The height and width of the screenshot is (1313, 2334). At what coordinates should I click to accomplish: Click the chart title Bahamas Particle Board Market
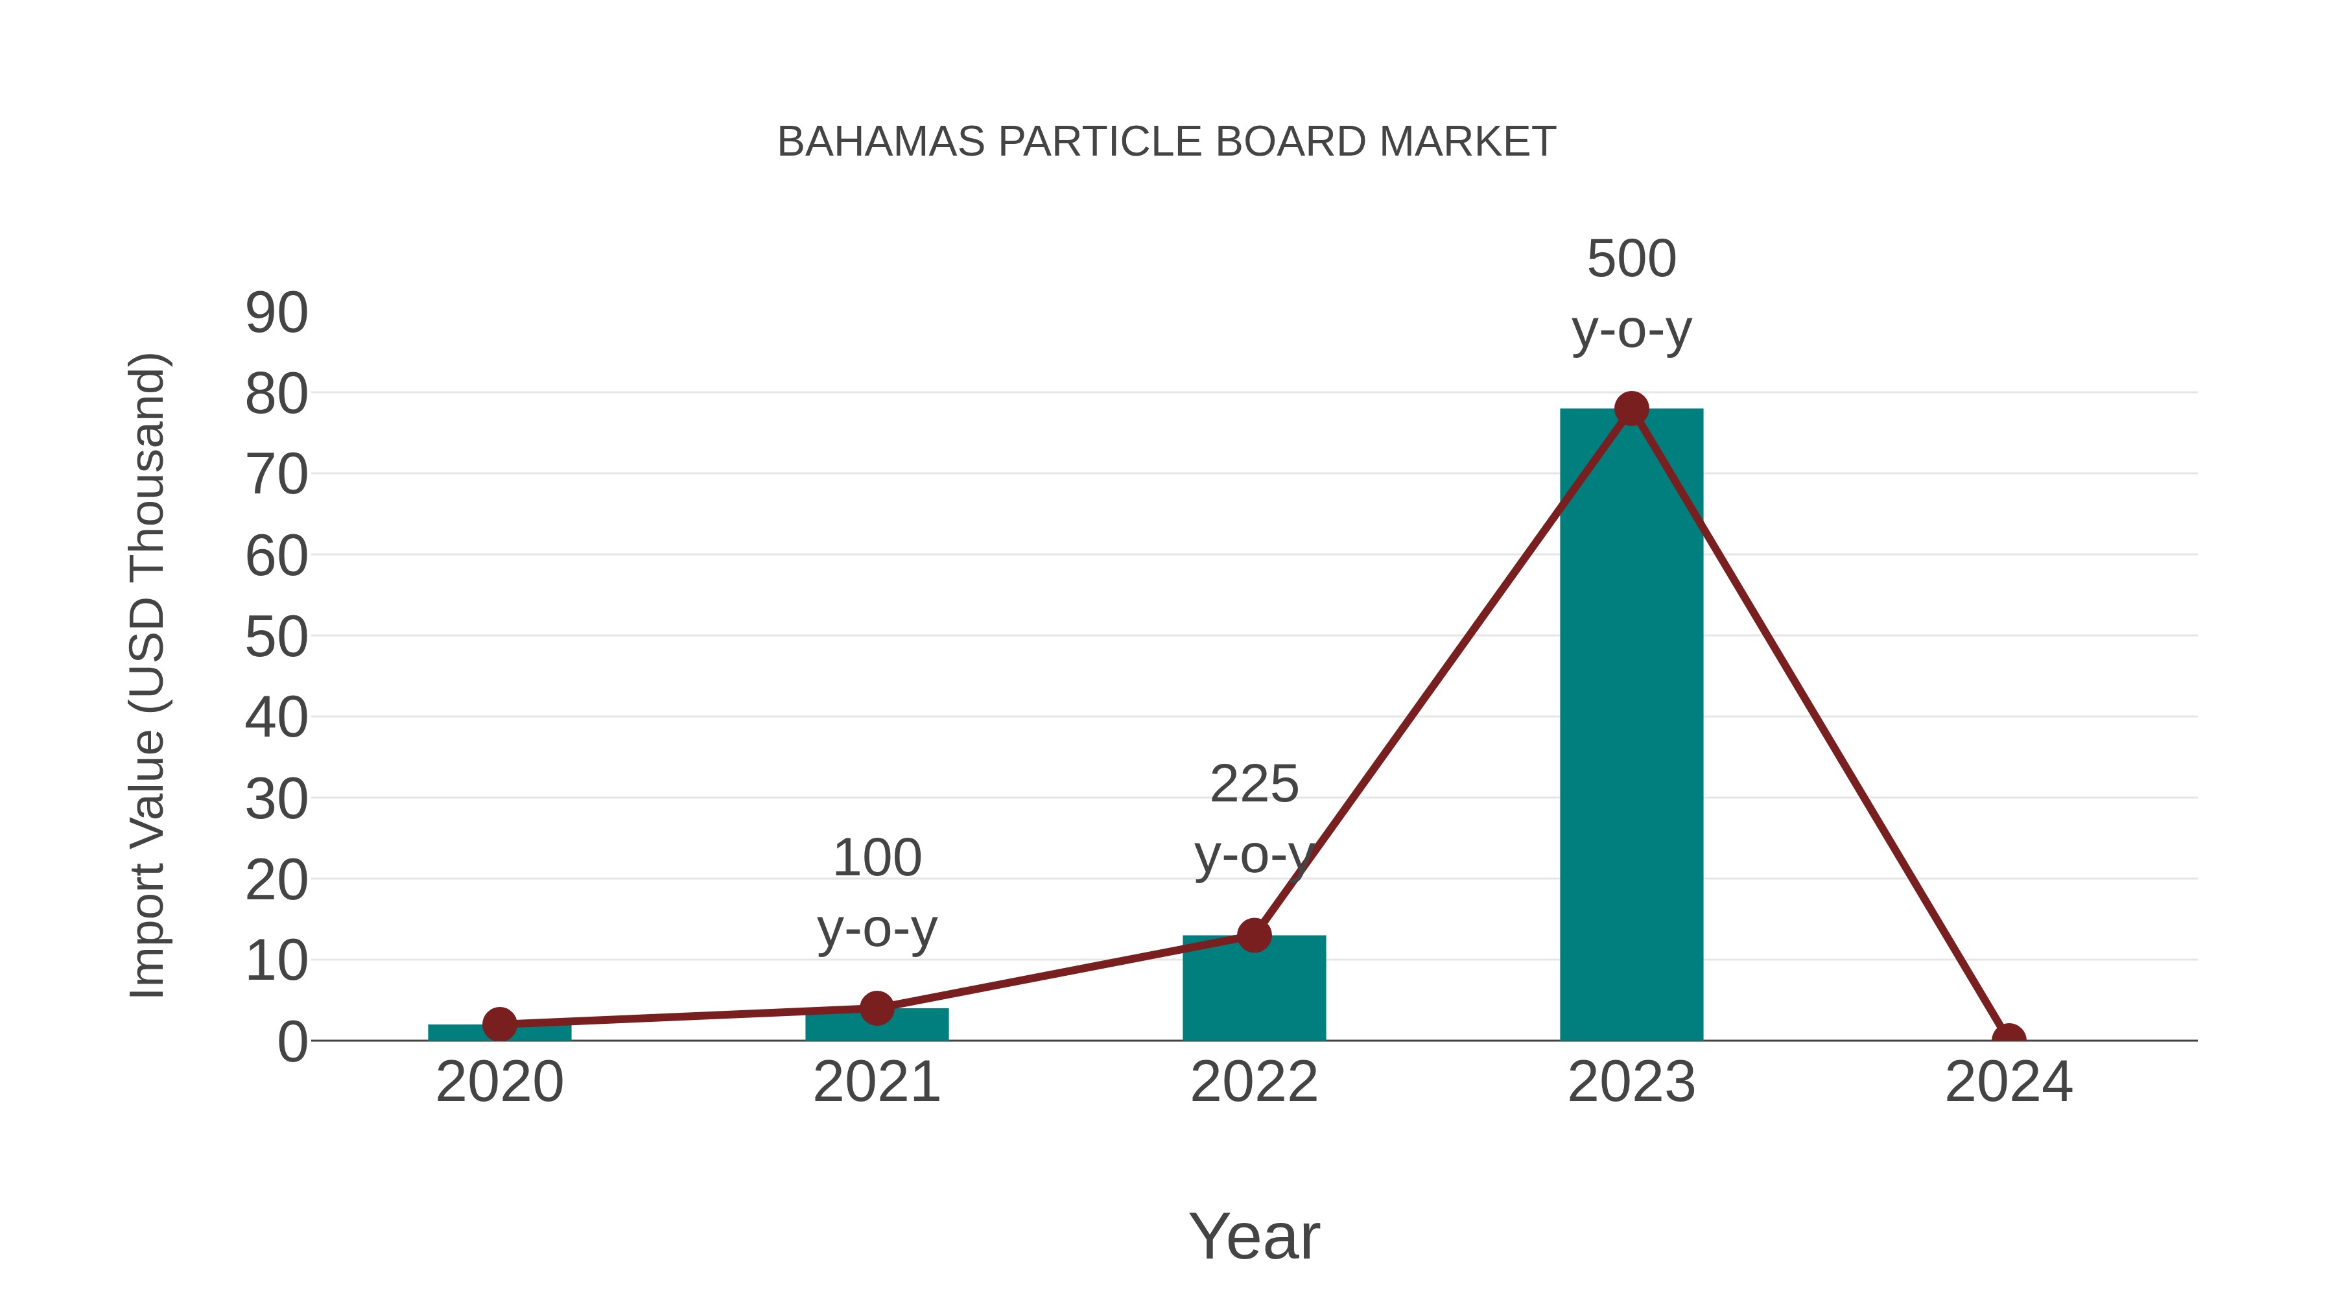(x=1166, y=142)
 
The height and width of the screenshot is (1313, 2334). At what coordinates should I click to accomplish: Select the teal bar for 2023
(x=1631, y=725)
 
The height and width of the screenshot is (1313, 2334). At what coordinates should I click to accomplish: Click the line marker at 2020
(x=499, y=1025)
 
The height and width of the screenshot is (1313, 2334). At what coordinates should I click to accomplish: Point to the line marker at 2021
(x=876, y=1008)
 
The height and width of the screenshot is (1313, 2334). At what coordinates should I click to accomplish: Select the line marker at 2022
(x=1254, y=935)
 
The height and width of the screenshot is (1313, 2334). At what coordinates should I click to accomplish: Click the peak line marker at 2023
(x=1631, y=408)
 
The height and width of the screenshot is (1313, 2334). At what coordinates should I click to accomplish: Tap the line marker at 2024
(x=2008, y=1039)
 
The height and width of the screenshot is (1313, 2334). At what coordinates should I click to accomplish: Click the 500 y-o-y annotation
(x=1631, y=294)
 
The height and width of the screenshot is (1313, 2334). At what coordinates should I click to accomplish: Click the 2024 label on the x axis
(x=2008, y=1082)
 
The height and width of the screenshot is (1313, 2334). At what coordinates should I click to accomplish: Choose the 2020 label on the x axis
(x=499, y=1082)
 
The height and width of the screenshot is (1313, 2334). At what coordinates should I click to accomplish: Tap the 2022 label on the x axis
(x=1254, y=1082)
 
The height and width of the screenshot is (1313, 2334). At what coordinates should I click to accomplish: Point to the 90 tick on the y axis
(x=276, y=314)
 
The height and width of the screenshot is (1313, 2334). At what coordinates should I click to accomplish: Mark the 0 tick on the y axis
(x=292, y=1042)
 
